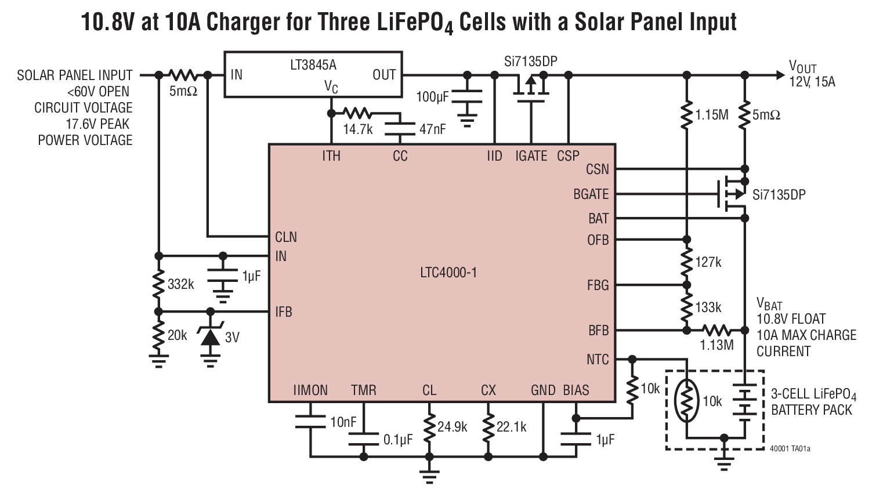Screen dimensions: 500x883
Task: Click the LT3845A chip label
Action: pyautogui.click(x=313, y=64)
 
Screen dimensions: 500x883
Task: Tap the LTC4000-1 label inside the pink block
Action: pyautogui.click(x=448, y=272)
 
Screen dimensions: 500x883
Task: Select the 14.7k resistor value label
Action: pyautogui.click(x=357, y=129)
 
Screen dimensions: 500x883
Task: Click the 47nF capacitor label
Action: pyautogui.click(x=433, y=129)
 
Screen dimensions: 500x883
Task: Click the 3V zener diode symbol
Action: pyautogui.click(x=210, y=336)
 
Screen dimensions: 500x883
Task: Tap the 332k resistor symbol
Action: pyautogui.click(x=158, y=284)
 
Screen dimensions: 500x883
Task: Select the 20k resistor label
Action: pyautogui.click(x=178, y=335)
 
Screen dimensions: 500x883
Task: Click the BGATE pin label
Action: pyautogui.click(x=591, y=194)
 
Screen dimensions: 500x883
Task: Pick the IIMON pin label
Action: pyautogui.click(x=310, y=390)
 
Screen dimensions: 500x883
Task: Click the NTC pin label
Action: pyautogui.click(x=598, y=360)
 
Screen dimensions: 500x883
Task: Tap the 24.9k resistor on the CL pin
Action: pyautogui.click(x=429, y=427)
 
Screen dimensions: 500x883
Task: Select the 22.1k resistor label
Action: pyautogui.click(x=511, y=427)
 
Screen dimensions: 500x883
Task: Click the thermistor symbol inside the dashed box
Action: pyautogui.click(x=686, y=401)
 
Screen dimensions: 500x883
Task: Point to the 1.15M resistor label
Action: pyautogui.click(x=712, y=115)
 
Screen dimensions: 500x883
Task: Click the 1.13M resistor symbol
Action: pyautogui.click(x=716, y=331)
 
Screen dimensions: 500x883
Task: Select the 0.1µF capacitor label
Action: pyautogui.click(x=397, y=440)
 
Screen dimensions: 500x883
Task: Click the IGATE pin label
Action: pyautogui.click(x=531, y=156)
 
